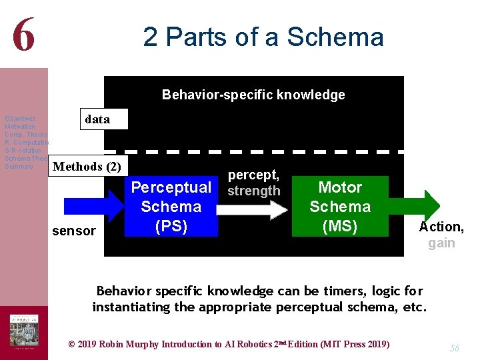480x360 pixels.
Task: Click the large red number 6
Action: (x=23, y=35)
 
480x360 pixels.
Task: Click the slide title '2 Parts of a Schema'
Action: (x=263, y=37)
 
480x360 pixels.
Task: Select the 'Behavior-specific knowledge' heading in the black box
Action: (x=253, y=95)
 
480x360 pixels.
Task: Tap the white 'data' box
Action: (x=97, y=119)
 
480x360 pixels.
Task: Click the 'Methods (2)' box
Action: (x=87, y=166)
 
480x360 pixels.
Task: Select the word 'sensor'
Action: (x=74, y=231)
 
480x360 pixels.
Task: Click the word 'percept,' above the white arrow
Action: (x=253, y=175)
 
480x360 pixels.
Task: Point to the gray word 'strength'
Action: (x=253, y=191)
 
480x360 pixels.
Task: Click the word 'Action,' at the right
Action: (x=441, y=227)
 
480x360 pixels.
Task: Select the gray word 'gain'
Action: (x=441, y=243)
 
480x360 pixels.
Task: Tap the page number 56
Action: (x=455, y=347)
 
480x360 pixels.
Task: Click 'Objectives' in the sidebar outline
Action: (x=20, y=119)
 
